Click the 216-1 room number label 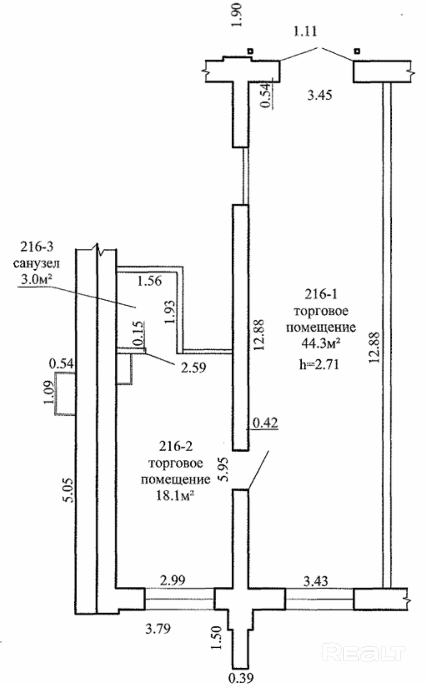pos(321,294)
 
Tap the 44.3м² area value pos(321,343)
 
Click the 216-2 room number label pos(176,446)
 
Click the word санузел pos(36,263)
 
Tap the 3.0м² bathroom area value pos(37,279)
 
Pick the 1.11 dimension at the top pos(305,31)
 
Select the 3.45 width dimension pos(320,95)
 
